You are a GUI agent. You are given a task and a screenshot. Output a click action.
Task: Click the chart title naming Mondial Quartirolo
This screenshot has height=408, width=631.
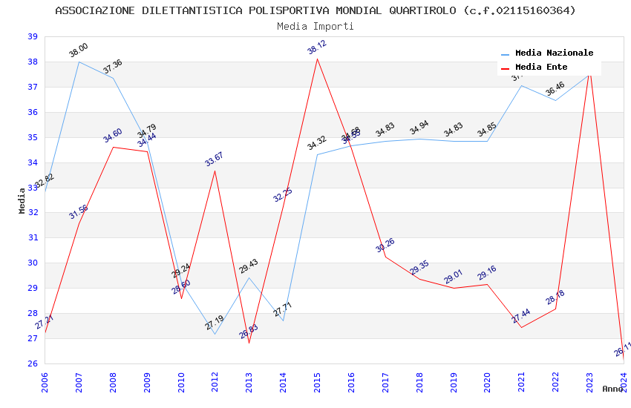point(315,10)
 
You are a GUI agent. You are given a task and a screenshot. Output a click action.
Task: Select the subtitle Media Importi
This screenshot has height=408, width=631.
point(315,26)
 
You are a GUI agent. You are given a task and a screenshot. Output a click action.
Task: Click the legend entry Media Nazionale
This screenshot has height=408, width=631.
point(554,53)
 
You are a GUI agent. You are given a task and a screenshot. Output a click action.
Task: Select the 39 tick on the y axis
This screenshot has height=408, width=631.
point(32,37)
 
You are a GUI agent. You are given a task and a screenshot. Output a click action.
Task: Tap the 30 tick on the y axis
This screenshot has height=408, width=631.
point(32,263)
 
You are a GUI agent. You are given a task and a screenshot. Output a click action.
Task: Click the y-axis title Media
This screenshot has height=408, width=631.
point(22,200)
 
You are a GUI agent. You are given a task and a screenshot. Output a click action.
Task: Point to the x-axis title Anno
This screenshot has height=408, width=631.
point(612,389)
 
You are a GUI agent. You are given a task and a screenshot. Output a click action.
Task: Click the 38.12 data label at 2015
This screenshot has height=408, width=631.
point(317,47)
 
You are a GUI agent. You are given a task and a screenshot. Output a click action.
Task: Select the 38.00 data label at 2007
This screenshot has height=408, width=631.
point(79,50)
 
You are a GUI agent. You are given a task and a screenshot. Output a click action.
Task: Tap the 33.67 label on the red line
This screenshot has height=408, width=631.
point(215,159)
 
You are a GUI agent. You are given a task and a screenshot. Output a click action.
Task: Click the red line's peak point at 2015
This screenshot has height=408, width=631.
point(317,59)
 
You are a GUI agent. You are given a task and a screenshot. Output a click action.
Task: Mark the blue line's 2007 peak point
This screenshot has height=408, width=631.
point(79,62)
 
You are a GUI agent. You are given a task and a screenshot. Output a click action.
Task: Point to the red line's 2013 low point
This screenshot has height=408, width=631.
point(249,343)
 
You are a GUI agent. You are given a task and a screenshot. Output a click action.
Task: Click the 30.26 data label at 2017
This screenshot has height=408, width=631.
point(385,246)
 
